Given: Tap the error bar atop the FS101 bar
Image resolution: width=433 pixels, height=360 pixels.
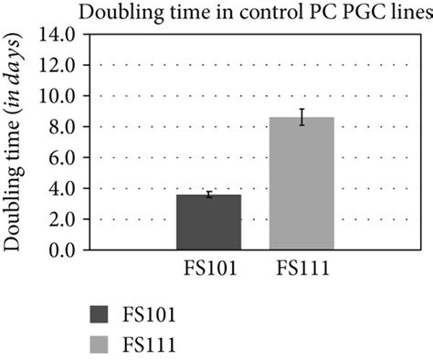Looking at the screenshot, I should tap(208, 195).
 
